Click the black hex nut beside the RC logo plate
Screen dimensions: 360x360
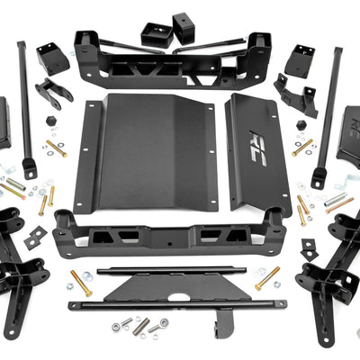pyautogui.click(x=300, y=125)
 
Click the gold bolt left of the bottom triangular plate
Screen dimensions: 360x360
pyautogui.click(x=81, y=284)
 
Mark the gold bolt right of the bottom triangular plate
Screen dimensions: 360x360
pyautogui.click(x=266, y=278)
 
